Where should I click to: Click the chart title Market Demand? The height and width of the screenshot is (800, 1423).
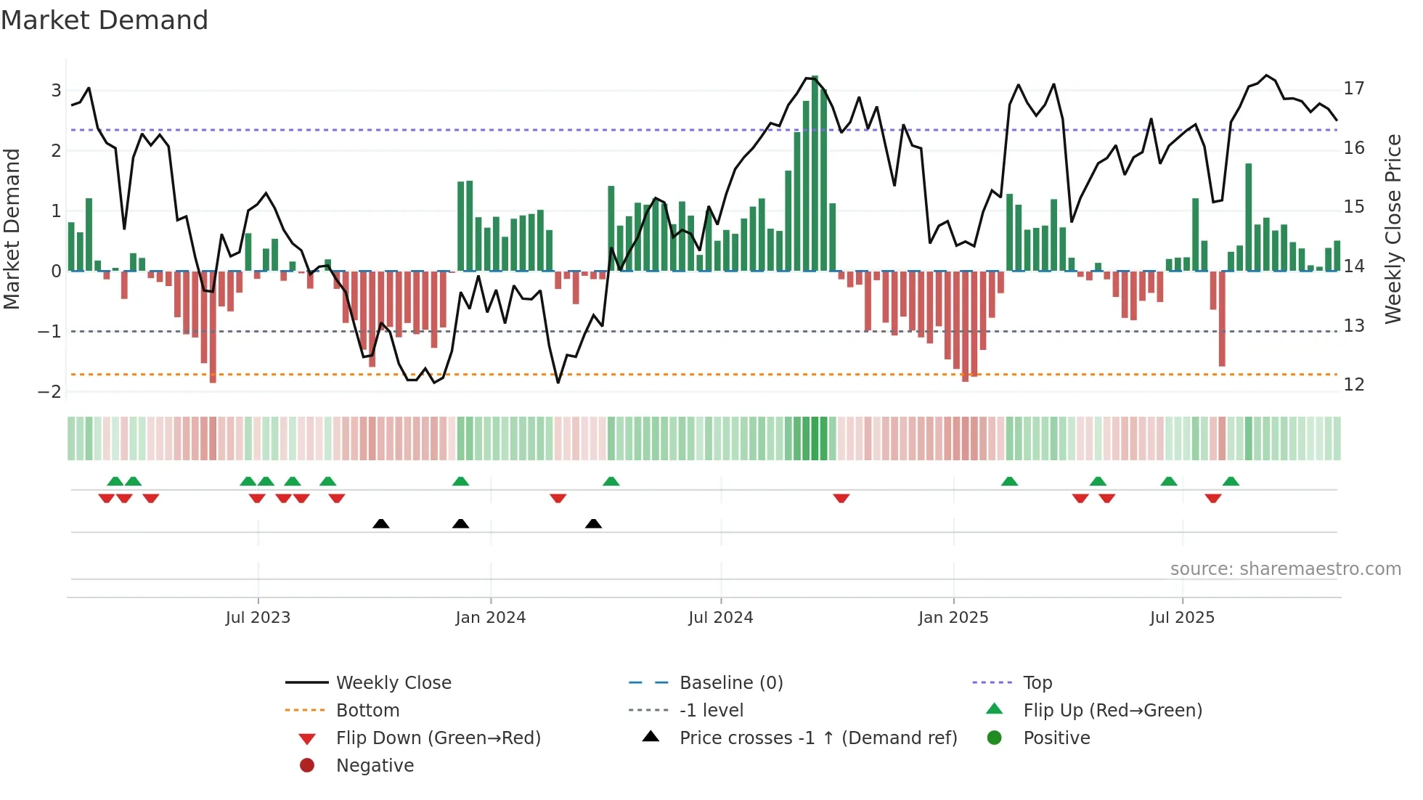pyautogui.click(x=105, y=20)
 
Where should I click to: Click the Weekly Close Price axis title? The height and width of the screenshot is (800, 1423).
pyautogui.click(x=1393, y=229)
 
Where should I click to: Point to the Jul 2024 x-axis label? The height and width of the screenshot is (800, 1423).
pyautogui.click(x=720, y=618)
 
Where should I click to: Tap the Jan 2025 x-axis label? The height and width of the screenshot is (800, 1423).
pyautogui.click(x=953, y=618)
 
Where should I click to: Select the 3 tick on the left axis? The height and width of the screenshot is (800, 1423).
pyautogui.click(x=56, y=91)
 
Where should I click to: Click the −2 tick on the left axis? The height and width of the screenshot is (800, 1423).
pyautogui.click(x=50, y=392)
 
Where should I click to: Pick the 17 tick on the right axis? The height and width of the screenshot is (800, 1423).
pyautogui.click(x=1353, y=89)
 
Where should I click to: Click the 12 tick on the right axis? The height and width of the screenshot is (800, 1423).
pyautogui.click(x=1353, y=385)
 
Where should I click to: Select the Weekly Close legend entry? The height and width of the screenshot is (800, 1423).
pyautogui.click(x=393, y=683)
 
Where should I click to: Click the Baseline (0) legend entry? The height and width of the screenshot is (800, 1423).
pyautogui.click(x=730, y=683)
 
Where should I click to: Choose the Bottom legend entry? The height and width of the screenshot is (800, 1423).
pyautogui.click(x=367, y=711)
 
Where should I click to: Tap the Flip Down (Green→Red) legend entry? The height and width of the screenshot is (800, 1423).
pyautogui.click(x=438, y=738)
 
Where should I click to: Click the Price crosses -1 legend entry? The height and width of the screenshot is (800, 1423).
pyautogui.click(x=817, y=738)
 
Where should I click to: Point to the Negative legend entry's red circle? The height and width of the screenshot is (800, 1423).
pyautogui.click(x=307, y=766)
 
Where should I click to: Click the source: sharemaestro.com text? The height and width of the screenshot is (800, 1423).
pyautogui.click(x=1285, y=569)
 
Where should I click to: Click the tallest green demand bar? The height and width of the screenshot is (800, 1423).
pyautogui.click(x=815, y=174)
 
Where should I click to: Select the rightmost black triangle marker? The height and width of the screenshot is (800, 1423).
pyautogui.click(x=593, y=524)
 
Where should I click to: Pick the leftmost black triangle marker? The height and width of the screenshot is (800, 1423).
pyautogui.click(x=380, y=524)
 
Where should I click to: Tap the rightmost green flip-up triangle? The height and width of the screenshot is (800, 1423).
pyautogui.click(x=1231, y=481)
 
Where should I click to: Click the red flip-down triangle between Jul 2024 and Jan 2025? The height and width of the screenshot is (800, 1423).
pyautogui.click(x=841, y=498)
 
